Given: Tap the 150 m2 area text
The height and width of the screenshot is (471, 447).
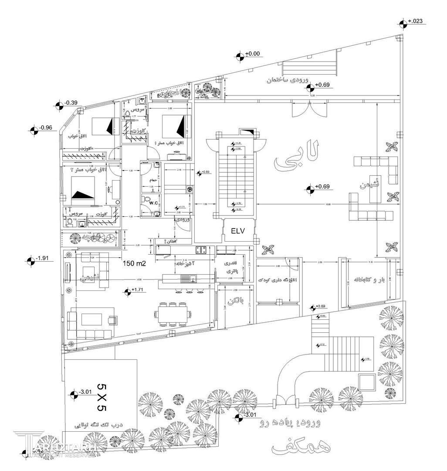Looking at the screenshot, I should click(134, 263).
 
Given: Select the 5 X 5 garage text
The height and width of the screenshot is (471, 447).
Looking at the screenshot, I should click(101, 398).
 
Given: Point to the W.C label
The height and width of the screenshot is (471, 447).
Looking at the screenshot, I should click(153, 203).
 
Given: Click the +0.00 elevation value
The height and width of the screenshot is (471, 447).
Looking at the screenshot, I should click(253, 54).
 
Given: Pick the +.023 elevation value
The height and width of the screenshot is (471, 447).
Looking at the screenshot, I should click(414, 21).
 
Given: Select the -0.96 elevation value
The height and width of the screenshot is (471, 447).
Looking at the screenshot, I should click(46, 128).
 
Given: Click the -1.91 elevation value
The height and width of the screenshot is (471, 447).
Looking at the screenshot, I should click(43, 258).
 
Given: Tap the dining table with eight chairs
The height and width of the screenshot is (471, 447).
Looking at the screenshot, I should click(173, 314).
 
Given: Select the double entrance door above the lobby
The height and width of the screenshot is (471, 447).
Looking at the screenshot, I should click(308, 109).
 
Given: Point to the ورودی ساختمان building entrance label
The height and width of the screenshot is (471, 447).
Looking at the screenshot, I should click(288, 80).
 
